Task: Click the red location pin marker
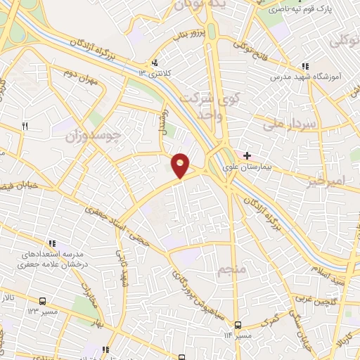(x=181, y=165)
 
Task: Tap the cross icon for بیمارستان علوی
(x=247, y=155)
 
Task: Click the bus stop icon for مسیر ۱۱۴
(x=238, y=325)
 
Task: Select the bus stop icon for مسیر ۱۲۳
(x=43, y=298)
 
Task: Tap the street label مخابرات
(x=89, y=296)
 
